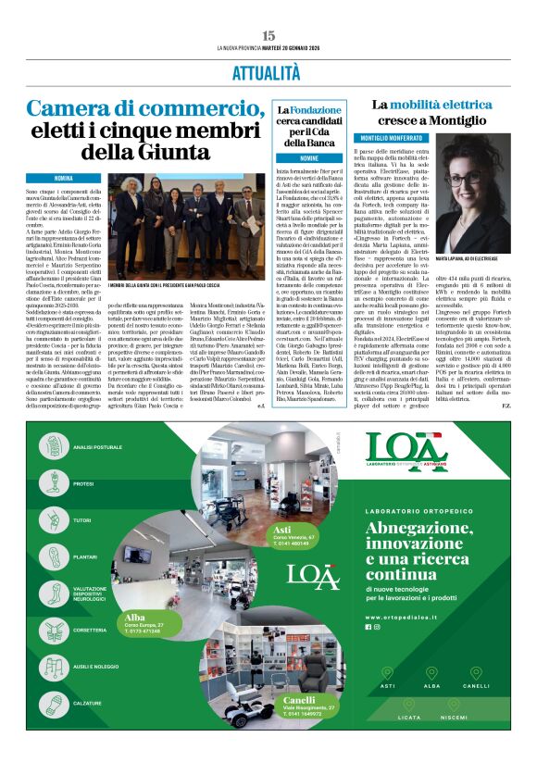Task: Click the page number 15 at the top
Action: (268, 34)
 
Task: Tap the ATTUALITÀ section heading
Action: (268, 71)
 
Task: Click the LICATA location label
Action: (404, 718)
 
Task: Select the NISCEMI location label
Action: (454, 718)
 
